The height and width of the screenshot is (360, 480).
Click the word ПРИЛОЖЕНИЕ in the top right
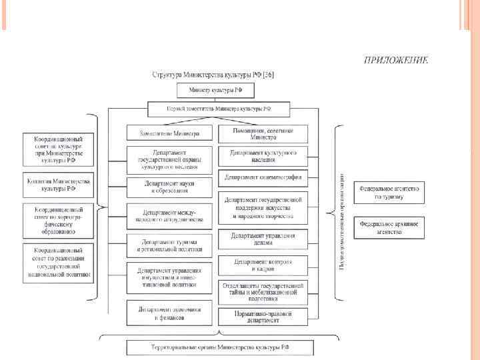(395, 60)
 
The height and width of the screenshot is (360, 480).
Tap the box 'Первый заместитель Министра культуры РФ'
(219, 108)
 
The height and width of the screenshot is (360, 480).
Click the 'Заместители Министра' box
(169, 132)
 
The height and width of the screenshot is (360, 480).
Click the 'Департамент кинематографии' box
(263, 177)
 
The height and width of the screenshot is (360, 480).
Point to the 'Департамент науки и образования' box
(169, 187)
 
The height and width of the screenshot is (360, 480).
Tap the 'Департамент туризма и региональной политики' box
(169, 245)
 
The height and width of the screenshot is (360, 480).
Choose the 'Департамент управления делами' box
(263, 239)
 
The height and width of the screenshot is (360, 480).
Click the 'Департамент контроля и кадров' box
(263, 265)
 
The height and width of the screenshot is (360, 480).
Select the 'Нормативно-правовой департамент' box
(263, 315)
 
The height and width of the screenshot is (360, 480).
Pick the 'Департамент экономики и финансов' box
(169, 313)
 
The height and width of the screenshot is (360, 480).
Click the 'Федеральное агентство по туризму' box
(389, 193)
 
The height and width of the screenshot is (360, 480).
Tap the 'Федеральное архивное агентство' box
(389, 228)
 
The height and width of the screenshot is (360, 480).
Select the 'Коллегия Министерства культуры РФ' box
(59, 184)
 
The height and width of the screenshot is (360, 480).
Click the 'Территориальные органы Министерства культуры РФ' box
(219, 347)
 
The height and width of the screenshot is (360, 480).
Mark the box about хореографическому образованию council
(59, 221)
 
